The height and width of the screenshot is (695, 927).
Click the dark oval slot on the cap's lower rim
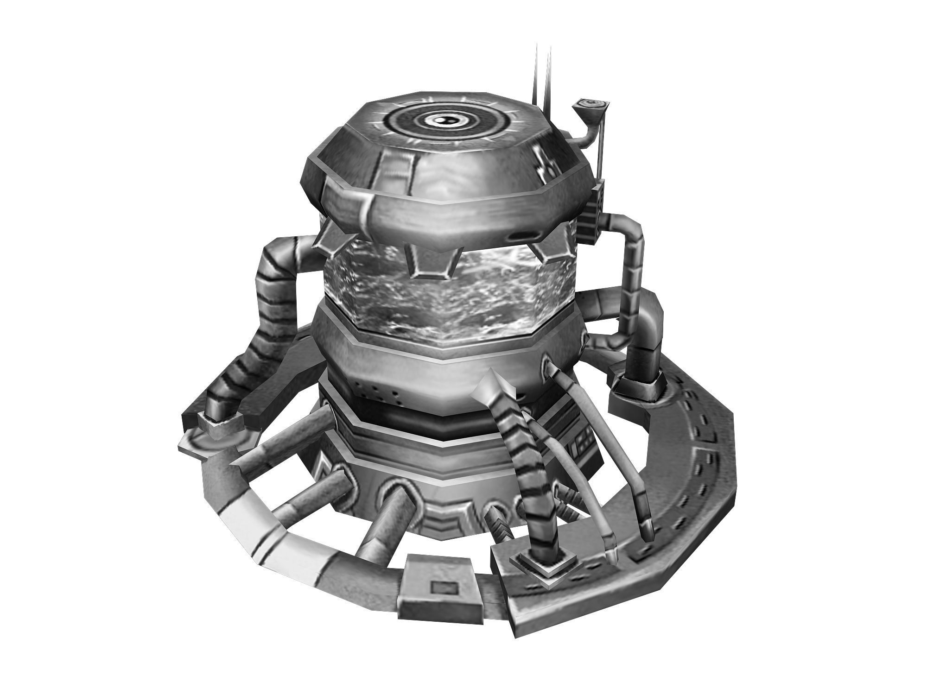[523, 236]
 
